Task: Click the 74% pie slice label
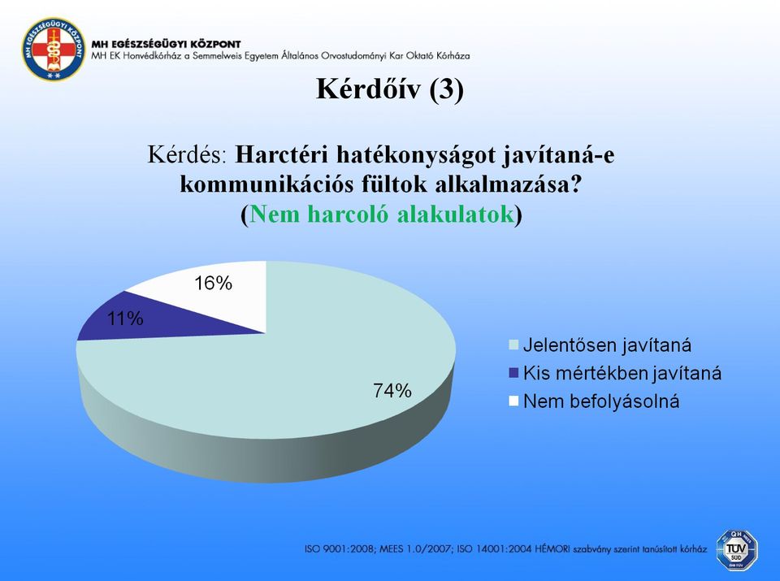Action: (x=392, y=391)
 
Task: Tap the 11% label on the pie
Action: (x=125, y=318)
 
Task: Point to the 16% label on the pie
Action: (x=214, y=283)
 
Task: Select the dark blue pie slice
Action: (x=149, y=319)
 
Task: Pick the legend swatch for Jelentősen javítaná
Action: (x=513, y=345)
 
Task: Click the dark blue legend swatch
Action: (x=513, y=373)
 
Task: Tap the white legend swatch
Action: (x=513, y=401)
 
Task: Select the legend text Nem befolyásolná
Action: (x=601, y=401)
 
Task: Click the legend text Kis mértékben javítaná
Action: (x=622, y=373)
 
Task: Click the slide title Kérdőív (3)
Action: (x=390, y=89)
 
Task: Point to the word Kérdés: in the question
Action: (x=187, y=154)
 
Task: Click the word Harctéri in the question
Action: (x=282, y=154)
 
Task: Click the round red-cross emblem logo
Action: (x=53, y=50)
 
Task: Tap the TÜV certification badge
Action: (x=737, y=549)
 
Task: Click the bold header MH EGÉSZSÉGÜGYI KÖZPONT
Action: (x=166, y=44)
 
